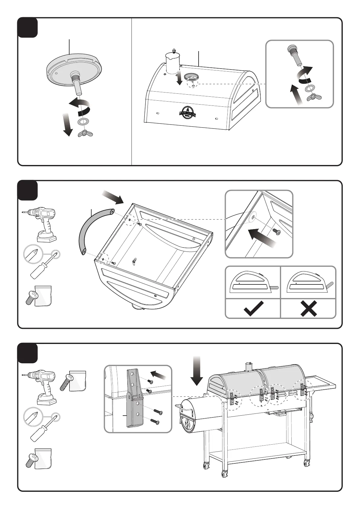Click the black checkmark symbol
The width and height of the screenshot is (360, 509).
point(253,309)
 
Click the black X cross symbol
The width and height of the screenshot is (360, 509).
point(309,309)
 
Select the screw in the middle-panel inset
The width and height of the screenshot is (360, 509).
point(276,232)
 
